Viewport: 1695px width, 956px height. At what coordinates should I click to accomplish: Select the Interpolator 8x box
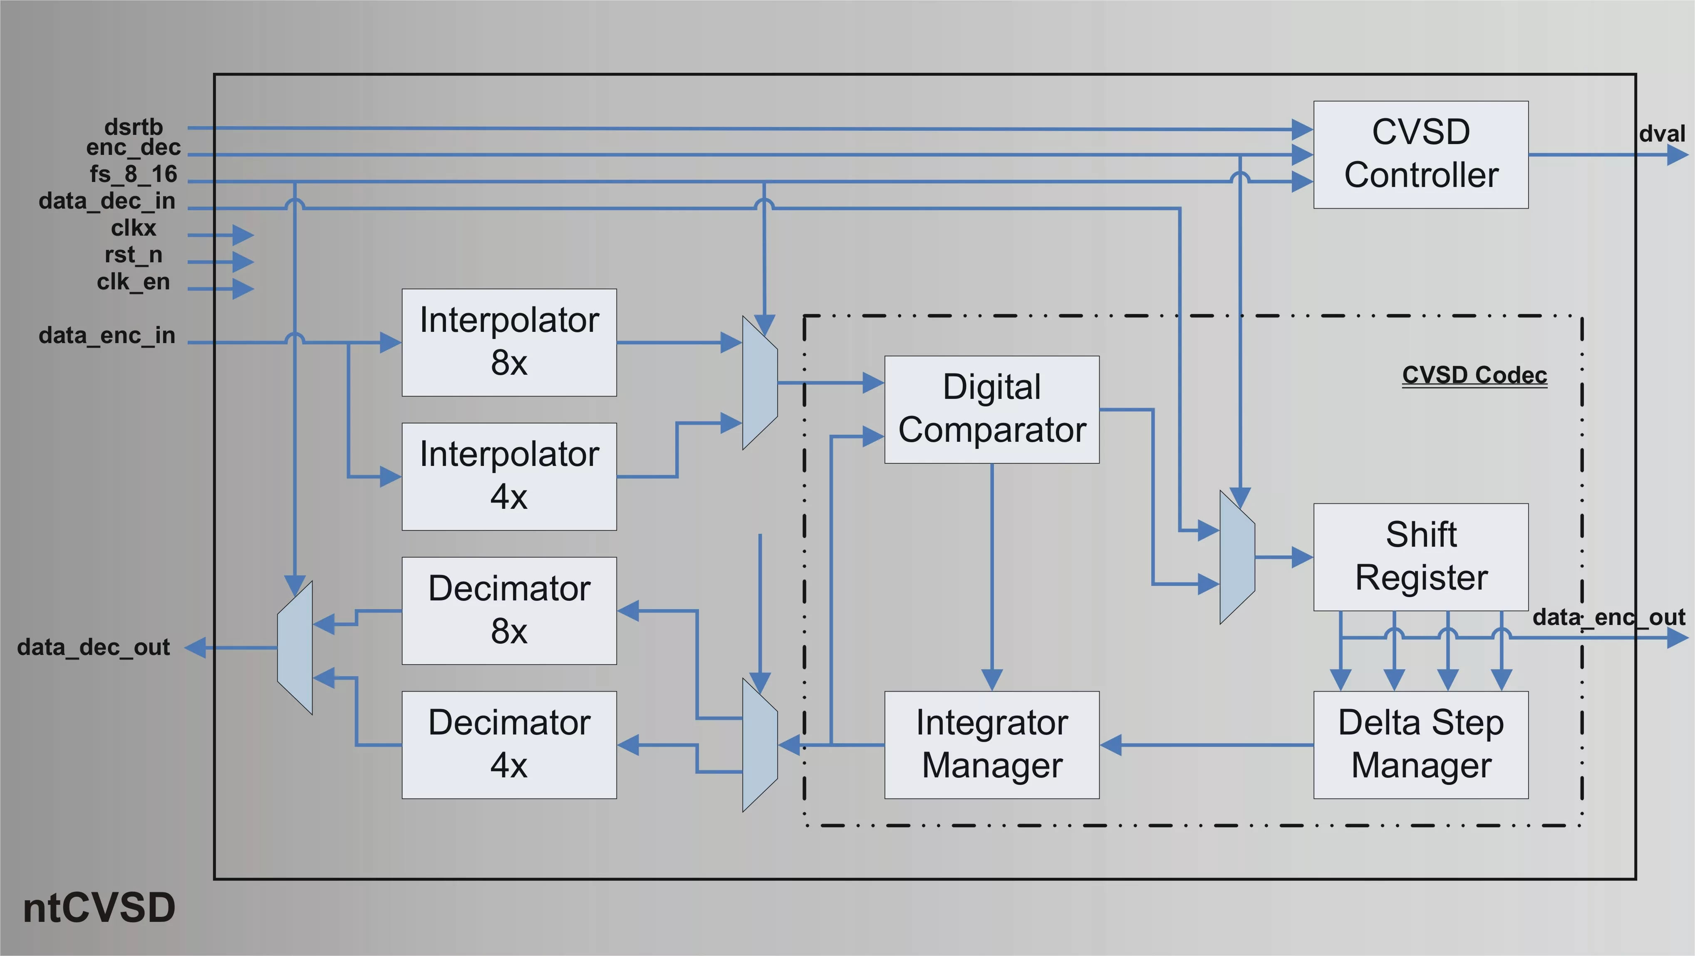509,342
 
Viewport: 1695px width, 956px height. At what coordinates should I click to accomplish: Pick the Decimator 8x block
509,610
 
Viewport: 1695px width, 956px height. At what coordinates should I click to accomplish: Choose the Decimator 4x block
509,744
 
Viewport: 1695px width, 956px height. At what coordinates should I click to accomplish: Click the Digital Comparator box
991,410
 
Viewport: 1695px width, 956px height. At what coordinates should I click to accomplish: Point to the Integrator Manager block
991,744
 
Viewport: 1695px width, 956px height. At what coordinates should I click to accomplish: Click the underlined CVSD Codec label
1474,375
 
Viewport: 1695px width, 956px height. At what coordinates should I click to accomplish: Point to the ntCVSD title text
99,908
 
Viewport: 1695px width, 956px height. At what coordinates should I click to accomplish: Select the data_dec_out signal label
94,647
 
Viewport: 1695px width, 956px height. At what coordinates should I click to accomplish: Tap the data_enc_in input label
107,336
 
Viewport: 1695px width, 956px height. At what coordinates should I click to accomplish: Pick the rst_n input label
133,255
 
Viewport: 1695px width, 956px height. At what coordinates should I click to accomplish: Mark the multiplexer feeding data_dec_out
295,647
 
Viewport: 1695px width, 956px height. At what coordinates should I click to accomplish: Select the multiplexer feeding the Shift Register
1237,557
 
